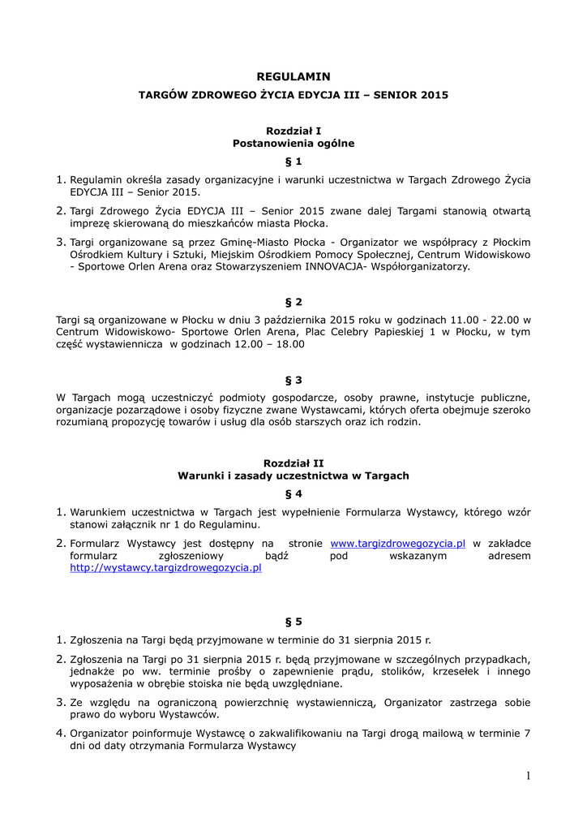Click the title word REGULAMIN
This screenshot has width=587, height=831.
tap(293, 76)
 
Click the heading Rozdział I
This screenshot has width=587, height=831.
tap(293, 130)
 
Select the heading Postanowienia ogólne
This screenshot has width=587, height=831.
tap(293, 143)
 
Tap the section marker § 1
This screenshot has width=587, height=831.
tap(293, 161)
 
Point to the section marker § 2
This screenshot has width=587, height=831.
tap(293, 301)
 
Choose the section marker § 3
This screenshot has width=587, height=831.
tap(293, 379)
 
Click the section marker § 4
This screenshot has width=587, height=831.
tap(293, 493)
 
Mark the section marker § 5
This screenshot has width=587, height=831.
tap(293, 622)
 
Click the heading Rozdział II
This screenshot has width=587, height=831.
tap(293, 462)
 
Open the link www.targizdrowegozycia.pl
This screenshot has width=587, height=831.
tap(397, 543)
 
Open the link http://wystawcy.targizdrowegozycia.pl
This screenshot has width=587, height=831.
tap(165, 569)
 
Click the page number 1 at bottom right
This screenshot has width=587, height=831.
tap(527, 777)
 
